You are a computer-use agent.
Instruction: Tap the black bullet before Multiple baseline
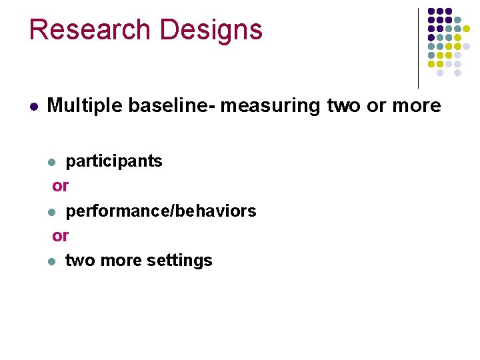pyautogui.click(x=33, y=106)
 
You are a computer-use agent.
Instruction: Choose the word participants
pyautogui.click(x=114, y=161)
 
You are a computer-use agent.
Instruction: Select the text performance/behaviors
pyautogui.click(x=161, y=211)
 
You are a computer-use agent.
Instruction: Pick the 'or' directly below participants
pyautogui.click(x=60, y=186)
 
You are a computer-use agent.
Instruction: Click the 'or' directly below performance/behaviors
pyautogui.click(x=60, y=236)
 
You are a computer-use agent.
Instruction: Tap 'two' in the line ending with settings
pyautogui.click(x=80, y=261)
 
